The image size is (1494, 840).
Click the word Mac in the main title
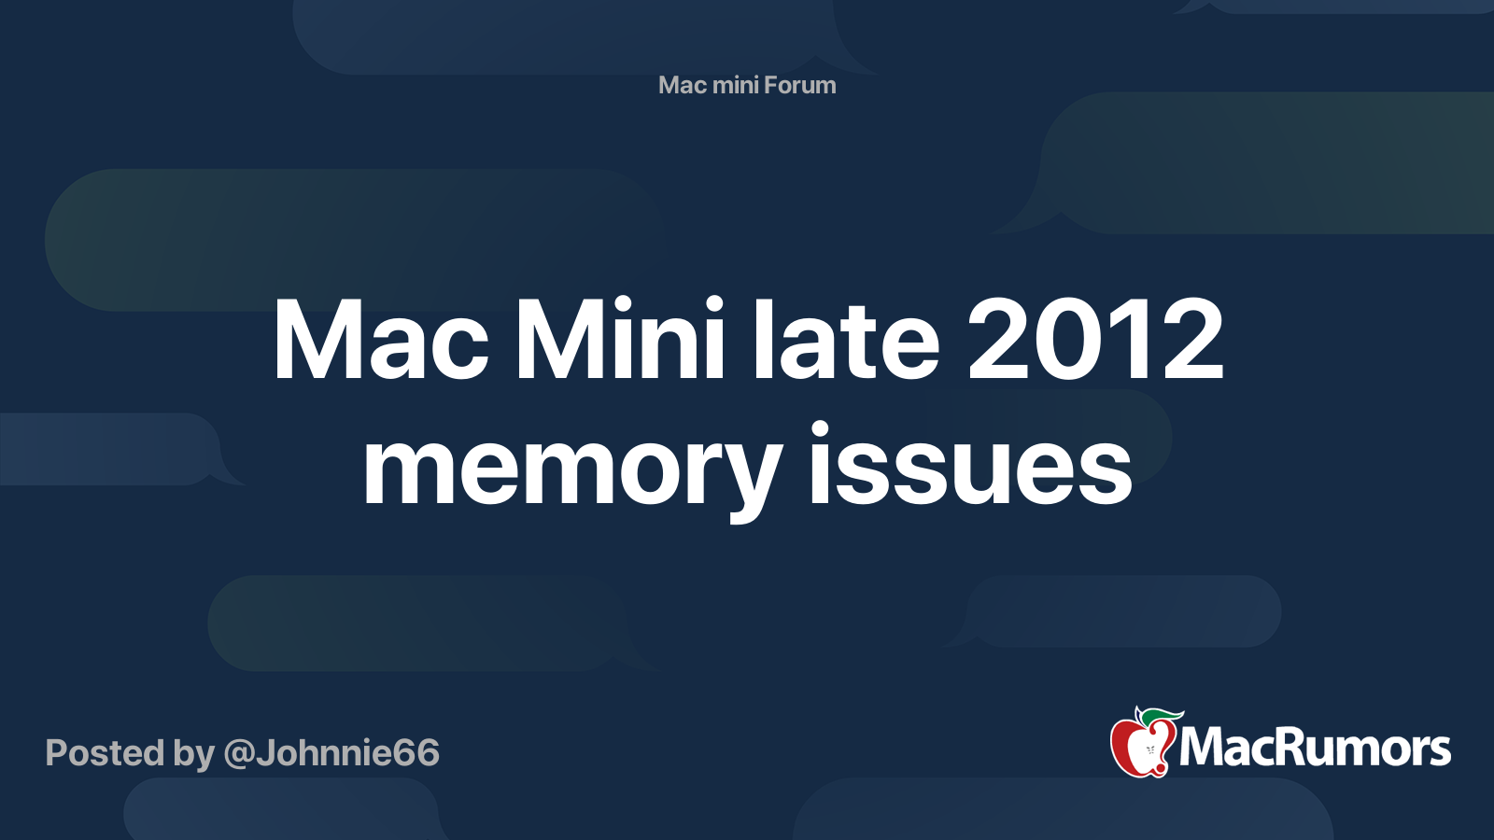pos(381,340)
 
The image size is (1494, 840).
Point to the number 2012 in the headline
pos(1096,339)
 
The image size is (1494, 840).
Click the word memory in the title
pos(572,470)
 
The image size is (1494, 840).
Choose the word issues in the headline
pos(970,462)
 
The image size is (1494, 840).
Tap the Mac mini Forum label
pos(747,85)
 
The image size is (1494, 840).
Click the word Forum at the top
pos(799,85)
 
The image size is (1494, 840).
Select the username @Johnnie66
pos(331,754)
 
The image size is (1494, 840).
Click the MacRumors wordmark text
pos(1315,748)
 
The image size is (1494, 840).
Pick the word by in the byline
pos(194,754)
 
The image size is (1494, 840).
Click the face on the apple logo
pos(1149,750)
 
